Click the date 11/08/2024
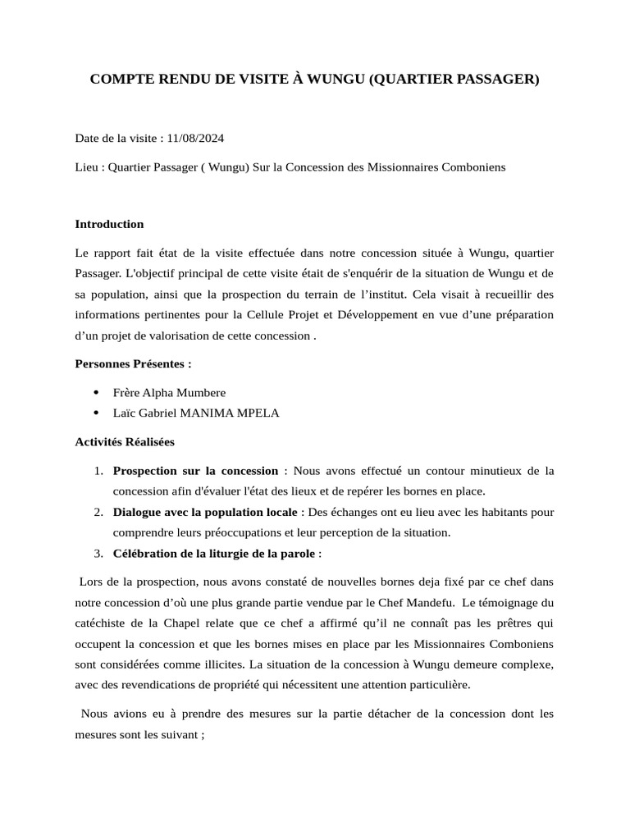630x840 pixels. click(194, 138)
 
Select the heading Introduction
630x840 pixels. click(109, 224)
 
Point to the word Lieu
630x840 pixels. click(87, 167)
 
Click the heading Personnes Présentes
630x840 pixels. click(133, 363)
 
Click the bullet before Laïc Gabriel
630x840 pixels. click(97, 413)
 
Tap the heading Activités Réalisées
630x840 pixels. click(125, 441)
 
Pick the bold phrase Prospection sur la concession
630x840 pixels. click(195, 470)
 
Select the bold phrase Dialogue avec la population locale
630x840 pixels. click(205, 512)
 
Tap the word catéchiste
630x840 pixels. click(103, 623)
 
